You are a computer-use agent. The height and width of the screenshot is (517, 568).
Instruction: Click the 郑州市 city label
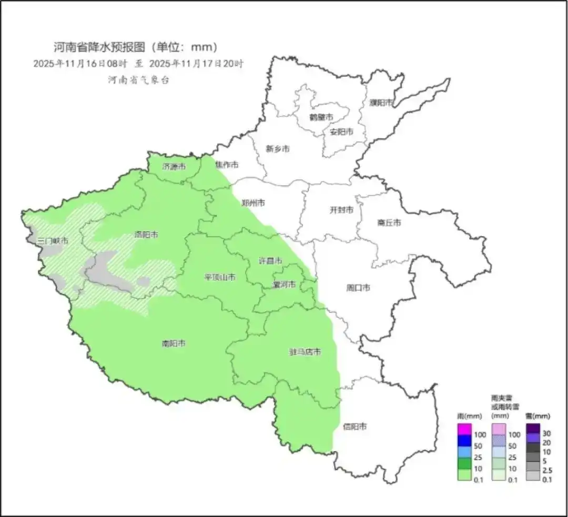pyautogui.click(x=253, y=203)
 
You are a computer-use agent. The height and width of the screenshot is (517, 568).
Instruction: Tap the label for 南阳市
pyautogui.click(x=174, y=344)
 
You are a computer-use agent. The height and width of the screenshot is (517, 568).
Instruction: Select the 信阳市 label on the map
pyautogui.click(x=354, y=427)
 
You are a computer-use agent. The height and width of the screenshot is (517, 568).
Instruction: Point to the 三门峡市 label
pyautogui.click(x=53, y=241)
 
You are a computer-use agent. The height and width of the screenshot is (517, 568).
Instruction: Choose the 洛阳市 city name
pyautogui.click(x=146, y=235)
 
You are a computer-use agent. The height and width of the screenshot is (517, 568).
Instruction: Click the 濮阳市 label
pyautogui.click(x=381, y=103)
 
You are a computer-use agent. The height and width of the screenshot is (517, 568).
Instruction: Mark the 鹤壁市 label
pyautogui.click(x=321, y=117)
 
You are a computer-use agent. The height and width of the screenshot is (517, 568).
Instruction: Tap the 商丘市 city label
pyautogui.click(x=389, y=223)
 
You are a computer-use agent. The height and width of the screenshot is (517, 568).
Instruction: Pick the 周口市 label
pyautogui.click(x=358, y=288)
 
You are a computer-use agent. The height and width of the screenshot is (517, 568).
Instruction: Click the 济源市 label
pyautogui.click(x=174, y=167)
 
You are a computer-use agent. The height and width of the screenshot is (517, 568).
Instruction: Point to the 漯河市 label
pyautogui.click(x=284, y=285)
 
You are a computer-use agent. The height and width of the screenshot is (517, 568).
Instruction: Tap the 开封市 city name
pyautogui.click(x=341, y=210)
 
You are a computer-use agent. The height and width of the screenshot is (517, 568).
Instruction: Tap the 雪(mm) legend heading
pyautogui.click(x=537, y=416)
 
